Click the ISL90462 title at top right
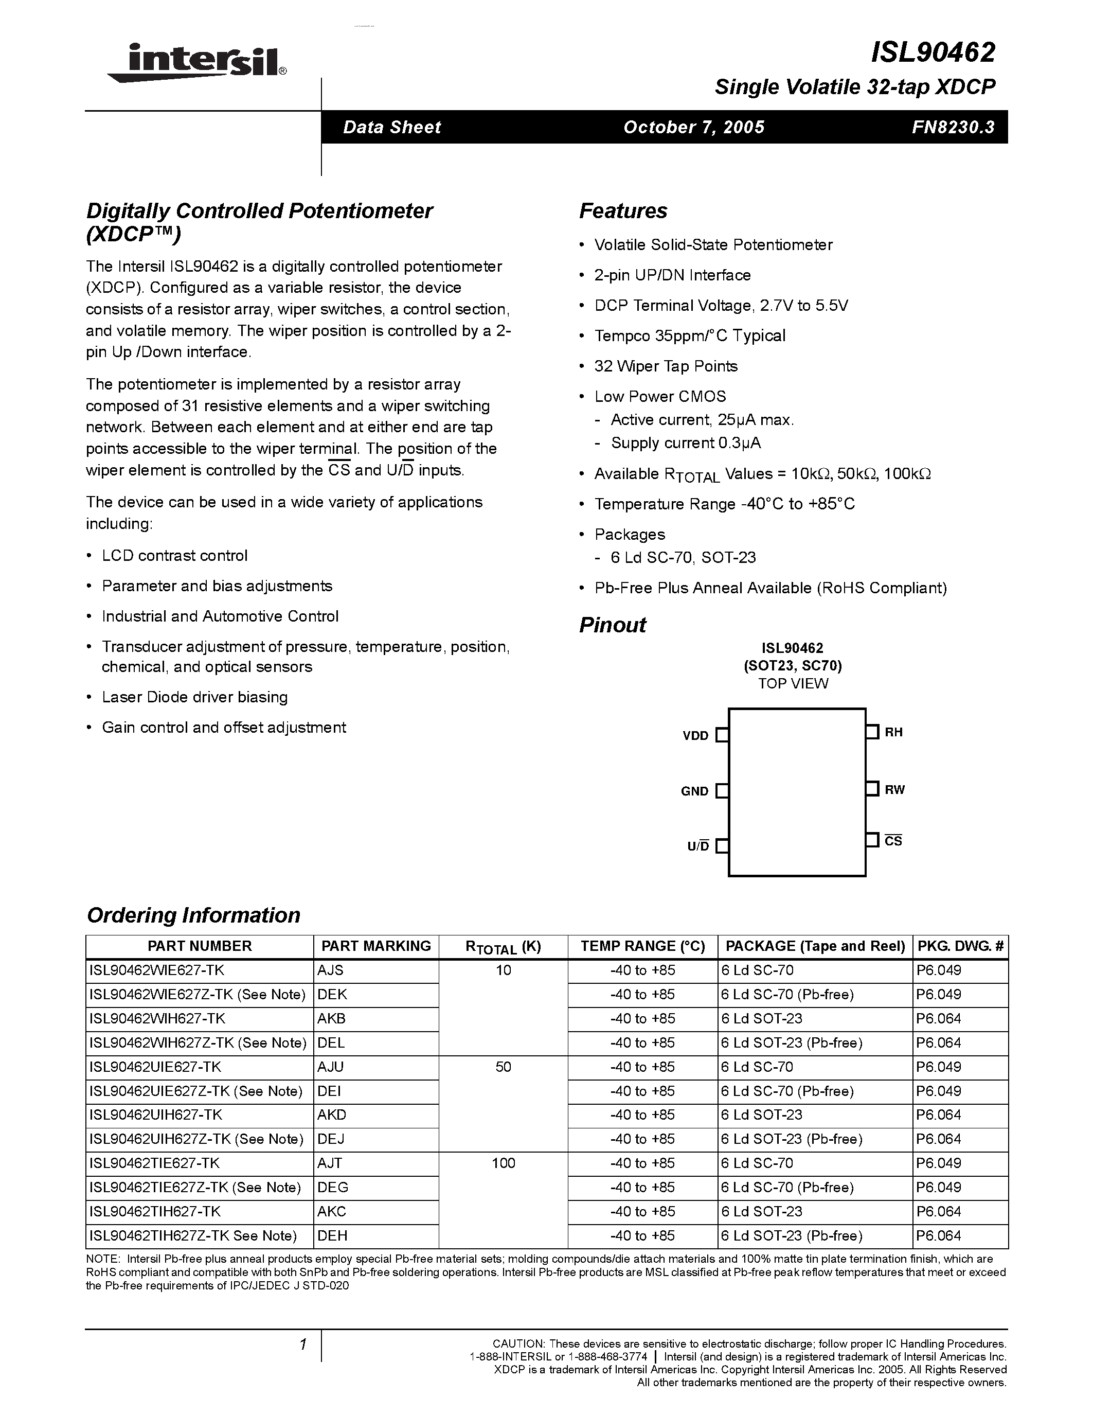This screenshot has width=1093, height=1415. [933, 52]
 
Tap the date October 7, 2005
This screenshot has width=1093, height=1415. [693, 127]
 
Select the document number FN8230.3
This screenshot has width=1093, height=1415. [953, 127]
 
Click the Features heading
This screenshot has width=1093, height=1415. [623, 210]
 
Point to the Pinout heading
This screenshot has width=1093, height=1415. [612, 625]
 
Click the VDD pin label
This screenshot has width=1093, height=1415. [695, 736]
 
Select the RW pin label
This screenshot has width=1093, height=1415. [894, 790]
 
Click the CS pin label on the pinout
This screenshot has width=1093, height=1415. [893, 841]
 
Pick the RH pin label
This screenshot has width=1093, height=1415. [893, 733]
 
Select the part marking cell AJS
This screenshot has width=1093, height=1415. [330, 970]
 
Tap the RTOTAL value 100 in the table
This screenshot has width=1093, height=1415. [503, 1163]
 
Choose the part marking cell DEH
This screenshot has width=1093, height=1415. [332, 1235]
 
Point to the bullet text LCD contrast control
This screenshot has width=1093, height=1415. [174, 556]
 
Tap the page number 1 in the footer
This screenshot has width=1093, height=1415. [302, 1345]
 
